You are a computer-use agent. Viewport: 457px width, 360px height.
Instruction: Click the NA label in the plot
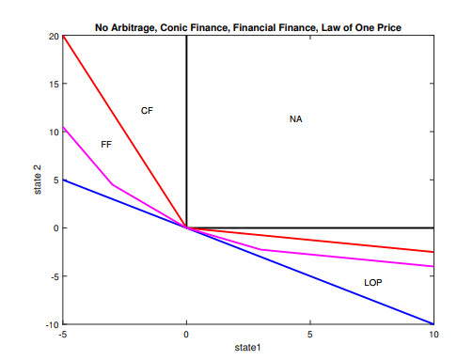296,119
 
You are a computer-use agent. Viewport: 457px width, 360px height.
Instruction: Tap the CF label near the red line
147,111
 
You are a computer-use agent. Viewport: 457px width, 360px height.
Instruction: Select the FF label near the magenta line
106,144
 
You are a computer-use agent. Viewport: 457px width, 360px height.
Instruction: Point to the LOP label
373,283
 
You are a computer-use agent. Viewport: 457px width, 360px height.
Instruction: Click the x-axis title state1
248,349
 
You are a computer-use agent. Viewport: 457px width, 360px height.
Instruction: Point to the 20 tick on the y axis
53,36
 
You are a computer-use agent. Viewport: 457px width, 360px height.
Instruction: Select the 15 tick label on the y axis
53,84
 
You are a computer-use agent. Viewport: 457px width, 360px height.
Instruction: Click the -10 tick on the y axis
51,324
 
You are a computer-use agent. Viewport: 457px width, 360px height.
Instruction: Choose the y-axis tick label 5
55,180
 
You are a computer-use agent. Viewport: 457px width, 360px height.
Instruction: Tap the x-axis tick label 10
433,335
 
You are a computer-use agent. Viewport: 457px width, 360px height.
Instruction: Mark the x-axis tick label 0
186,335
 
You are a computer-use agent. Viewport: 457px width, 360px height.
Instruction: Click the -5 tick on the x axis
62,335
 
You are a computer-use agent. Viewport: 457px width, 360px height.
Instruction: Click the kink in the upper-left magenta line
113,184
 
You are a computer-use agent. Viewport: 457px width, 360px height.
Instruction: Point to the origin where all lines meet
186,227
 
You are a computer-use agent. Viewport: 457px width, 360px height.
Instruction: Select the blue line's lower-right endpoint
433,323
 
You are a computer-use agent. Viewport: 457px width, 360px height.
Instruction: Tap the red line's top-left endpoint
63,36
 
